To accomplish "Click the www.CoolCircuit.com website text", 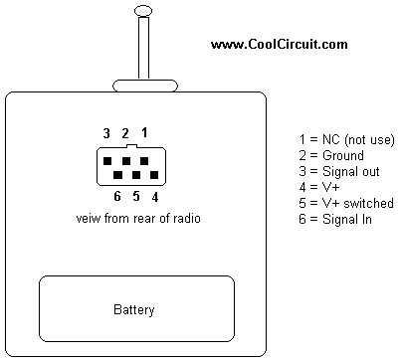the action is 280,44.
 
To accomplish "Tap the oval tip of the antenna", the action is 143,11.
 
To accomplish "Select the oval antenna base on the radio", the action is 145,86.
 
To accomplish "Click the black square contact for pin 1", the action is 144,161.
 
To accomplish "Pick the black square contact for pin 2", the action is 126,161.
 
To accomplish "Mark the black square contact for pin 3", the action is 107,161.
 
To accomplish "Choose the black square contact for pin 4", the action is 154,175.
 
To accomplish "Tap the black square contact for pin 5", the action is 136,175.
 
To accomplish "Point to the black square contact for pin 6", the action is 117,175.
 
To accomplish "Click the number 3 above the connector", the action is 106,133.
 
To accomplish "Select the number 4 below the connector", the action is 155,197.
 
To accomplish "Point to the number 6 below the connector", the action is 117,196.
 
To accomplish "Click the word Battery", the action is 134,309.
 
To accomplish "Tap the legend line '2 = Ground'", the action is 331,155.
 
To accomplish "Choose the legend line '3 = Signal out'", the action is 339,171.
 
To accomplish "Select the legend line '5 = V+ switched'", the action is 346,203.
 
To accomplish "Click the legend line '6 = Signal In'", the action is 335,219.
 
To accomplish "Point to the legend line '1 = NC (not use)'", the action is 346,139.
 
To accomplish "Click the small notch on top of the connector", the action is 131,146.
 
